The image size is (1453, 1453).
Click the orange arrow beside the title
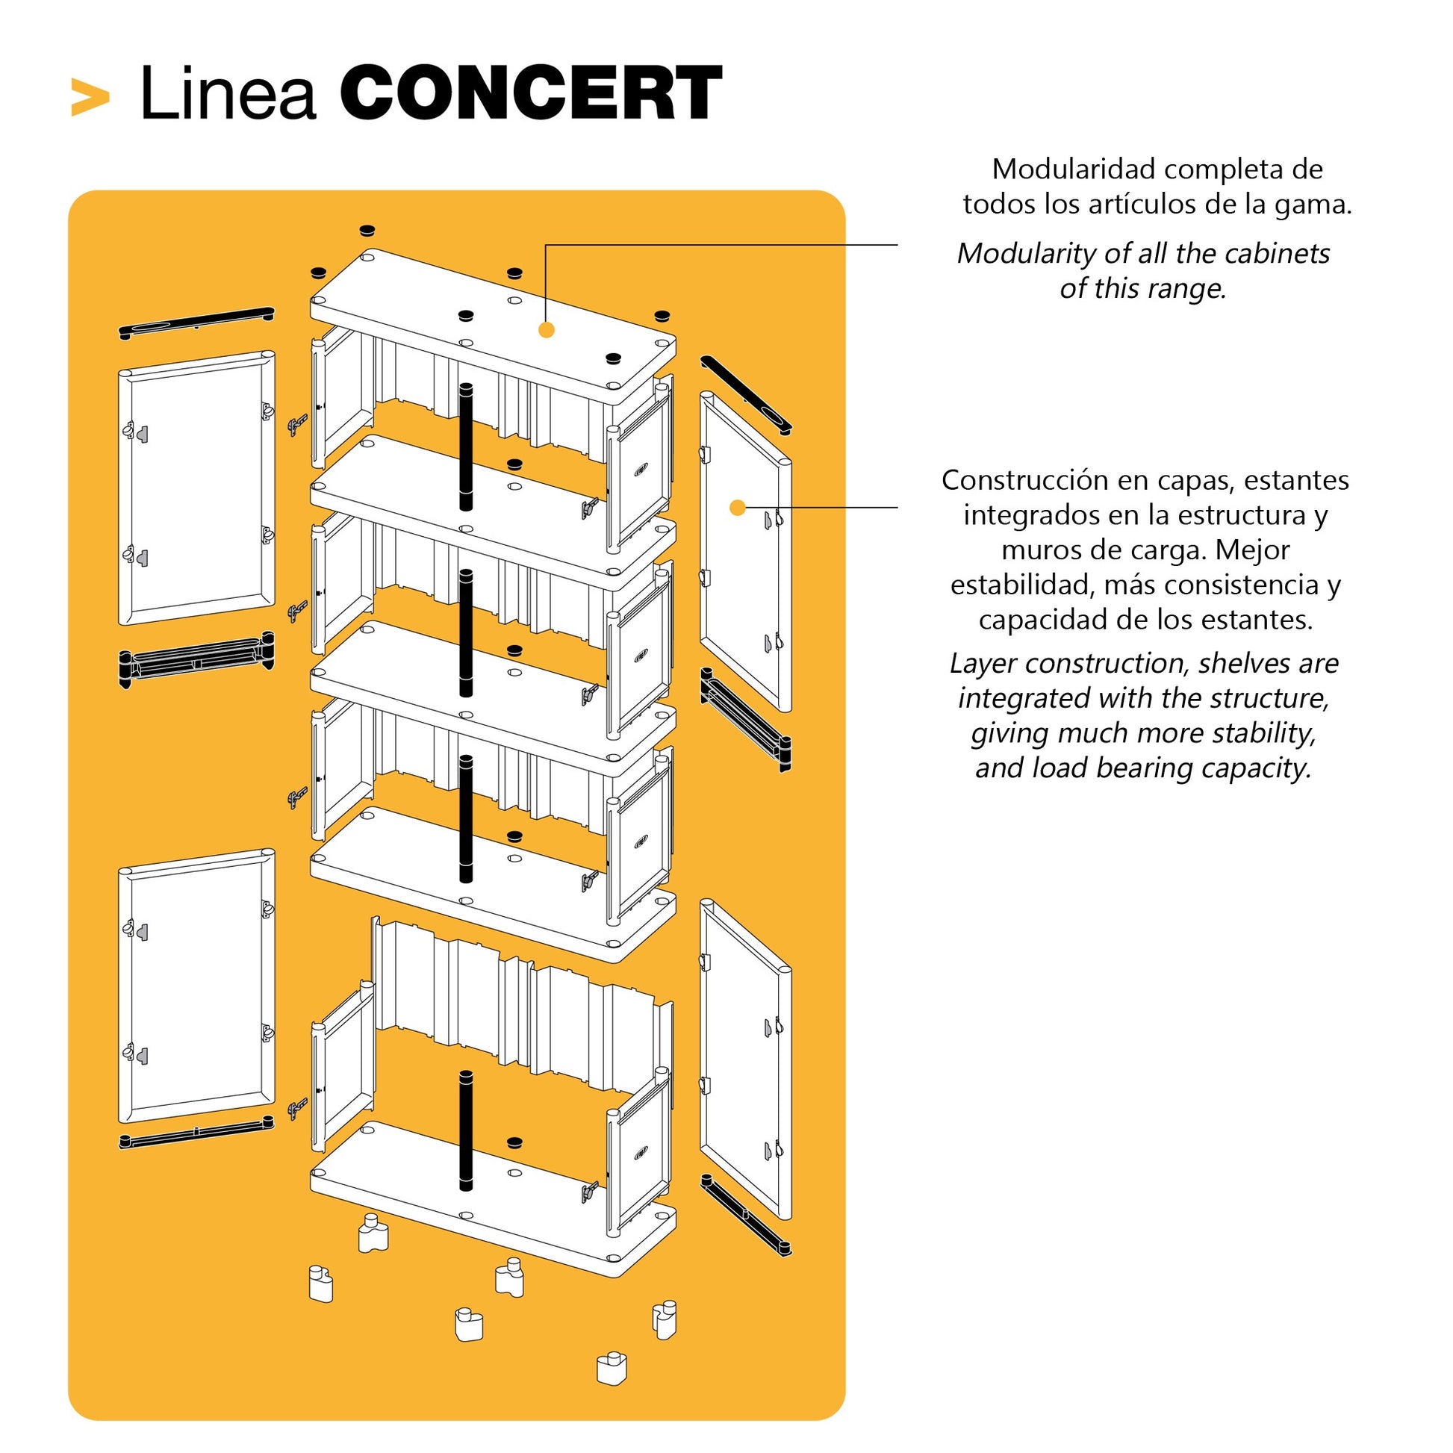point(90,97)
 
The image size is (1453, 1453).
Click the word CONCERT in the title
point(532,93)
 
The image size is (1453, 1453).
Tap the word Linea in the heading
point(227,95)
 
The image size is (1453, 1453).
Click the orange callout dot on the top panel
point(547,329)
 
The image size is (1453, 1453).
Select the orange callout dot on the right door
point(738,508)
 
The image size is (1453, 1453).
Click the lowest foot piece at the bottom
point(612,1369)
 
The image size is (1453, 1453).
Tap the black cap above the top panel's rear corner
point(367,230)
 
